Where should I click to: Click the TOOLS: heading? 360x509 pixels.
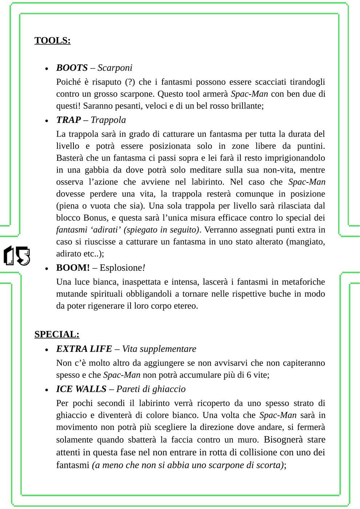click(x=52, y=40)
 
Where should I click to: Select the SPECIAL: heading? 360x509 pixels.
click(x=57, y=334)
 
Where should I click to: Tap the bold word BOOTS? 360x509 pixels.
click(x=72, y=68)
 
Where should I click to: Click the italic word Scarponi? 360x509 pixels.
click(x=115, y=68)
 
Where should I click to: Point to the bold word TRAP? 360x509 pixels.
click(x=68, y=120)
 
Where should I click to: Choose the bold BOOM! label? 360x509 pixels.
click(x=73, y=268)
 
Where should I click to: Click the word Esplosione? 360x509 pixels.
click(x=121, y=268)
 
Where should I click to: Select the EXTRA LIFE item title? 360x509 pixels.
click(x=84, y=349)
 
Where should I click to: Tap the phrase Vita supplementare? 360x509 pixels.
click(x=159, y=349)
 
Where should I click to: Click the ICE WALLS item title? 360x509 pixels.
click(x=81, y=389)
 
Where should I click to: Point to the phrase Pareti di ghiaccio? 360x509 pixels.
click(x=151, y=389)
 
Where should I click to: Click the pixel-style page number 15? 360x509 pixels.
click(x=17, y=256)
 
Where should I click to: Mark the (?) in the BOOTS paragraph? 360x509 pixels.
click(x=130, y=82)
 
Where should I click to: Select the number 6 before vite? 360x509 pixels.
click(x=249, y=375)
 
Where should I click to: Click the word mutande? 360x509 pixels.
click(x=72, y=294)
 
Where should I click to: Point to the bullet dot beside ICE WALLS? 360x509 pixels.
click(x=47, y=390)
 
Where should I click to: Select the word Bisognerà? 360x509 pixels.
click(x=283, y=440)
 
